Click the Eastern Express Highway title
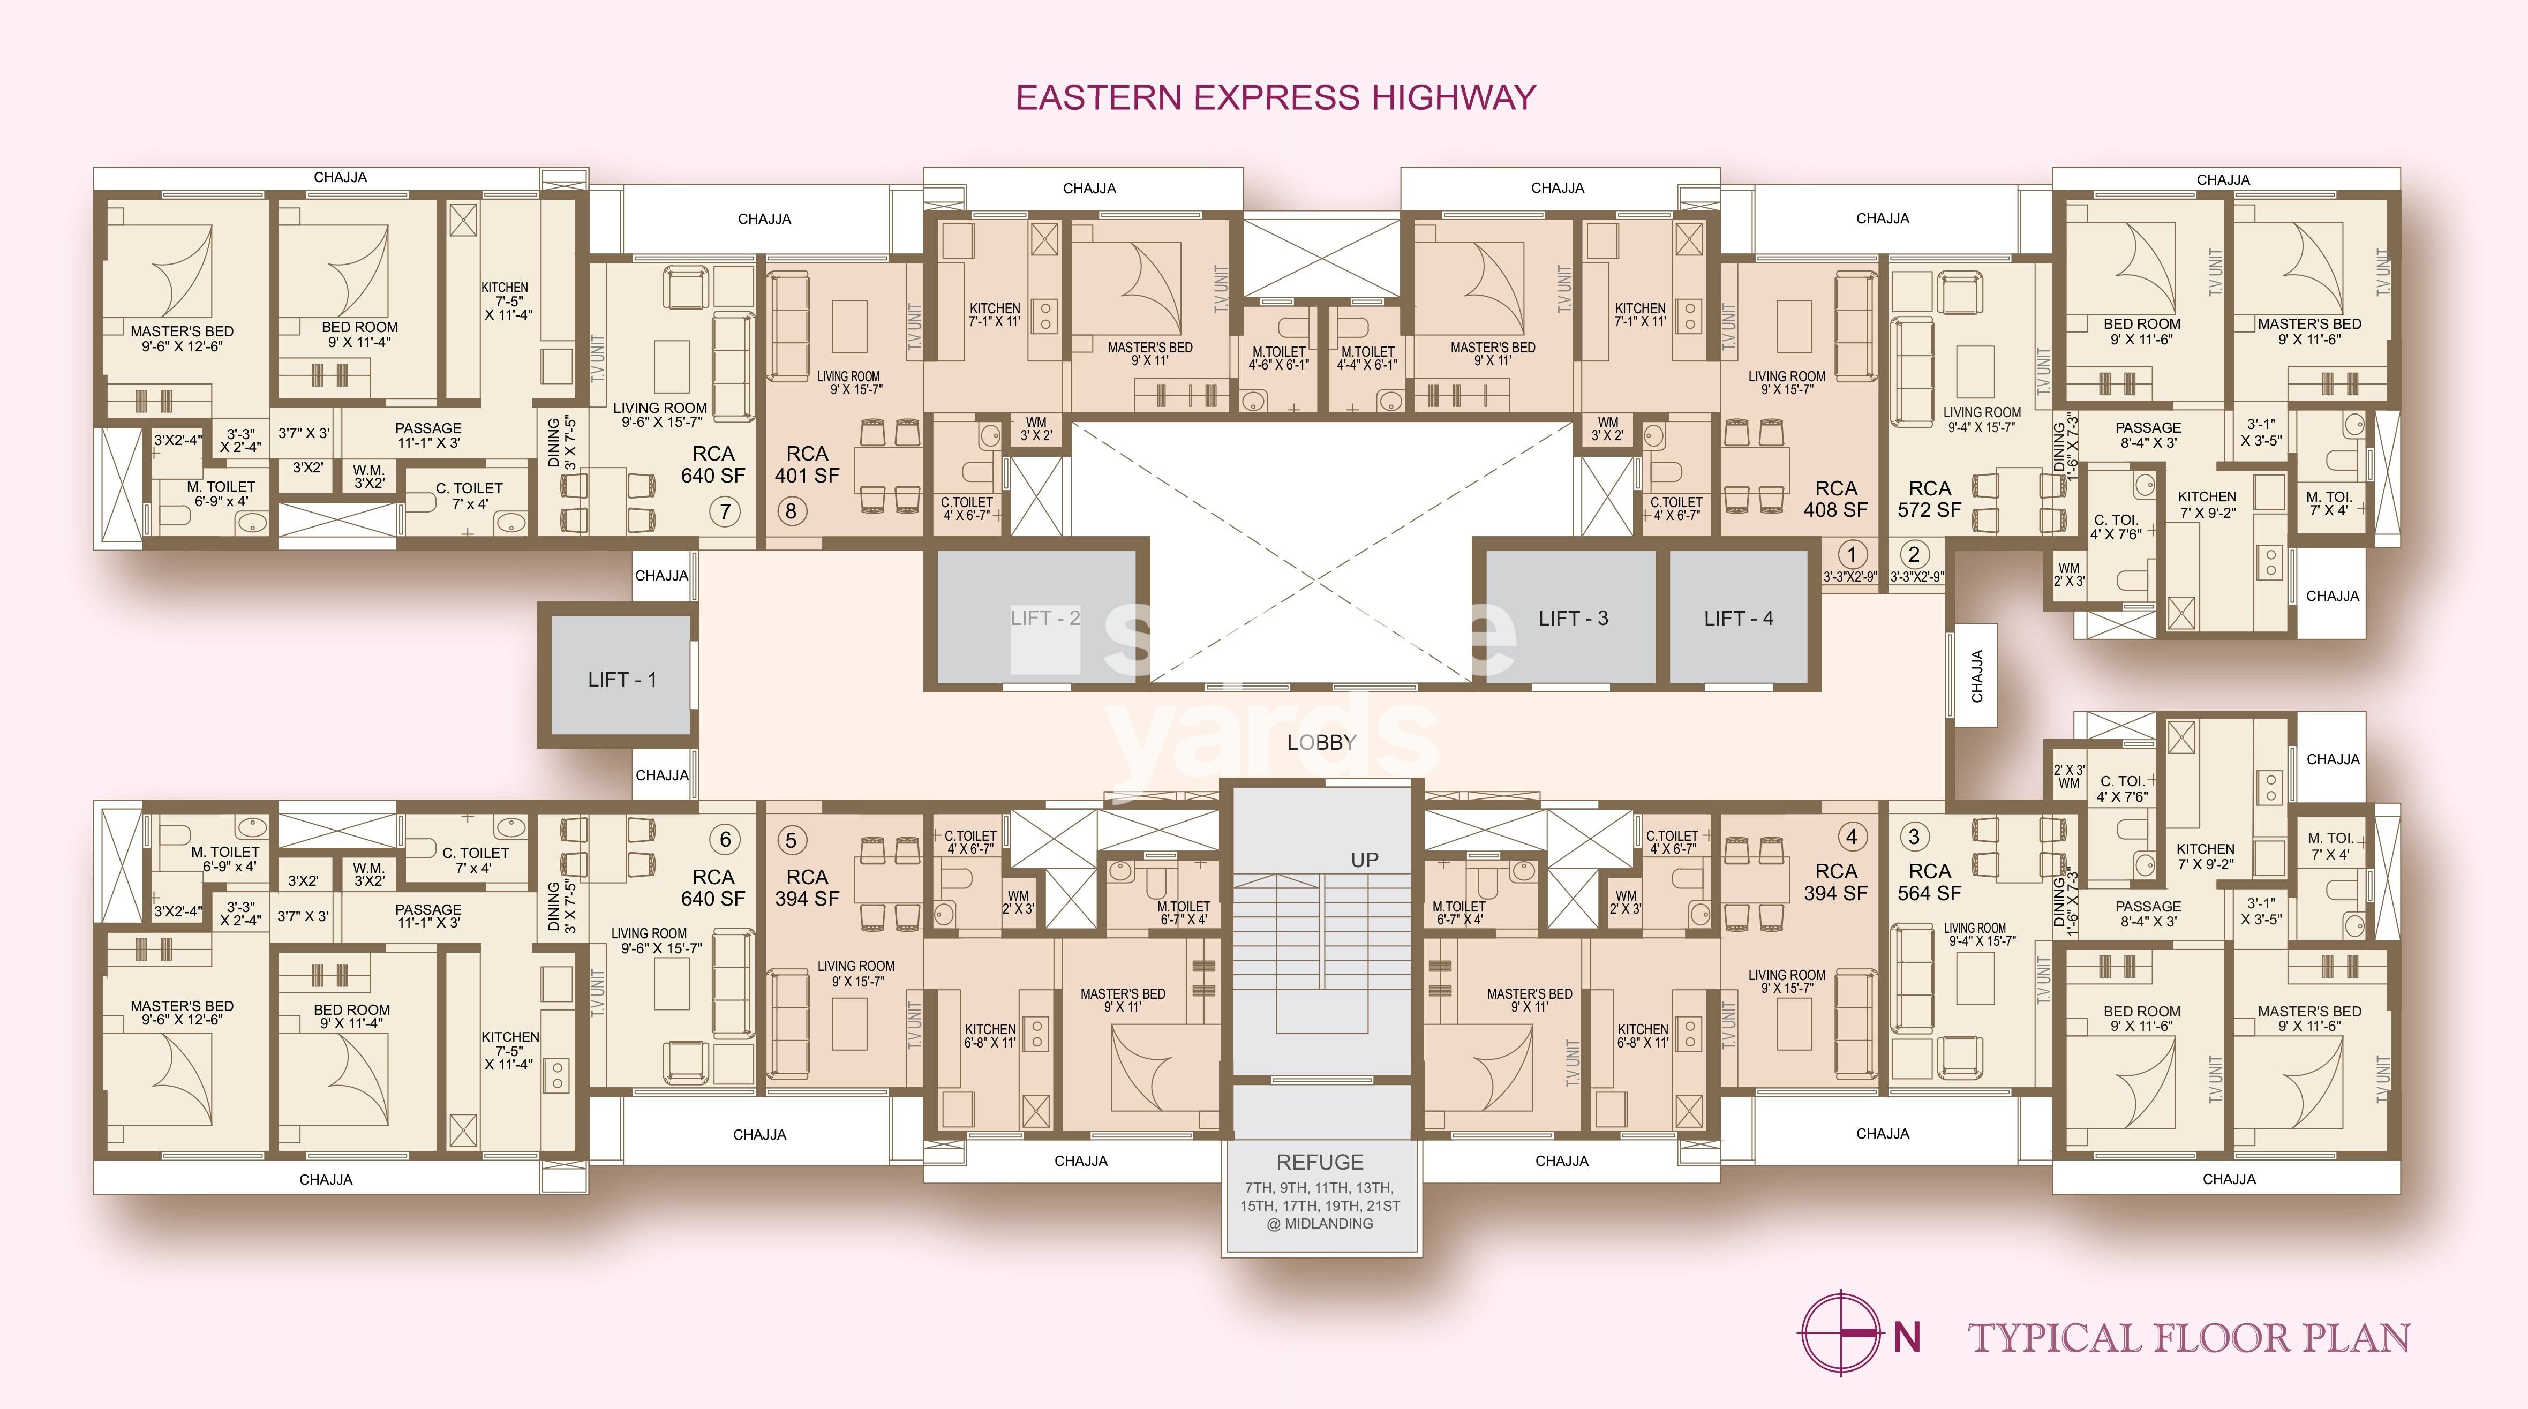coord(1275,97)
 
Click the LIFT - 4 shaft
coord(1738,618)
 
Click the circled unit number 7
coord(725,511)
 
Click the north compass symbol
coord(1841,1333)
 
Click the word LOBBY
coord(1321,743)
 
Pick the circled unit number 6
coord(725,839)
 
